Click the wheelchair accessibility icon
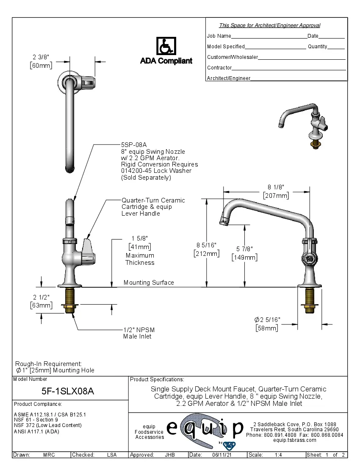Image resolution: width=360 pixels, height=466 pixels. (166, 46)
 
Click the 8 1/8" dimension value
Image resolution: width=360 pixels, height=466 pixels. (275, 187)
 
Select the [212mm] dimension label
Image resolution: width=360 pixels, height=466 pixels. (206, 253)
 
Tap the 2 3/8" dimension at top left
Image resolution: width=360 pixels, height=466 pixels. (41, 57)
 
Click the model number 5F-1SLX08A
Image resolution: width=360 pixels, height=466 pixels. (68, 391)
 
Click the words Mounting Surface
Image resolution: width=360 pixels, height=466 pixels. (149, 282)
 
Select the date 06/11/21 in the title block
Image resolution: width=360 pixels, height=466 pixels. (221, 455)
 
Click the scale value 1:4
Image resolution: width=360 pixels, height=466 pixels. (279, 455)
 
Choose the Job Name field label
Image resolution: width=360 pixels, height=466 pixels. (219, 36)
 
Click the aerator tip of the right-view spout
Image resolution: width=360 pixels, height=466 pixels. (223, 220)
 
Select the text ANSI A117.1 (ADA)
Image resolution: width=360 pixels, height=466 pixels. (36, 431)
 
